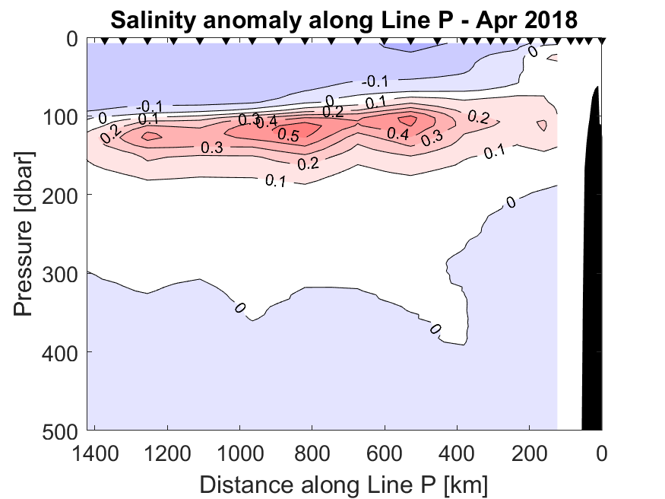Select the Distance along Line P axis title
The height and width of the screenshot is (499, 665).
coord(344,483)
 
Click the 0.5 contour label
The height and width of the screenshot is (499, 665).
coord(309,135)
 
